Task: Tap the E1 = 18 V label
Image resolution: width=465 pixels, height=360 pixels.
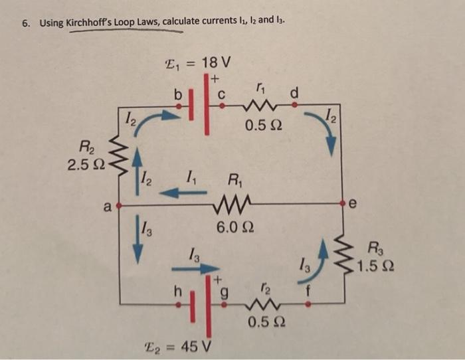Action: (197, 64)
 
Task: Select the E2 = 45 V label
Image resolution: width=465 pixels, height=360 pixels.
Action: (179, 347)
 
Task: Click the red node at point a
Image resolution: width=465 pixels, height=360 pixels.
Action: (119, 207)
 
